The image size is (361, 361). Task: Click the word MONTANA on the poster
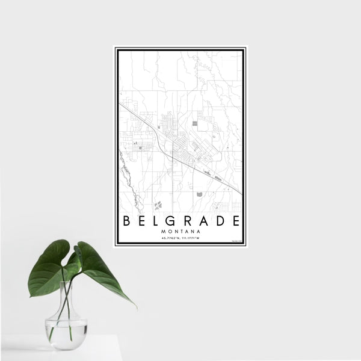[x=180, y=230]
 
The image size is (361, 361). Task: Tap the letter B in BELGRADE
[x=126, y=220]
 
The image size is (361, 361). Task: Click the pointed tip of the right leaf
[x=135, y=306]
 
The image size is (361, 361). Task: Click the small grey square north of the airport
[x=195, y=123]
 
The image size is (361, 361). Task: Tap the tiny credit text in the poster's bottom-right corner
[x=236, y=242]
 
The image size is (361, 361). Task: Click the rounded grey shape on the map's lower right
[x=199, y=194]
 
